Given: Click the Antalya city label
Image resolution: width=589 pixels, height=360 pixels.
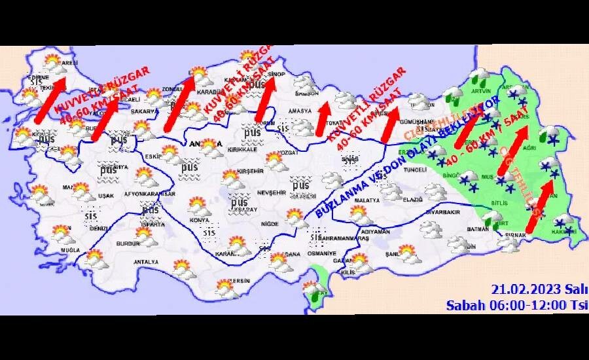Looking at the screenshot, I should pyautogui.click(x=145, y=262).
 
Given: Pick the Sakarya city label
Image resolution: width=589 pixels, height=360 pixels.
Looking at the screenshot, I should pyautogui.click(x=144, y=112).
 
